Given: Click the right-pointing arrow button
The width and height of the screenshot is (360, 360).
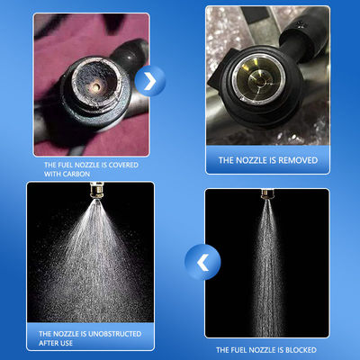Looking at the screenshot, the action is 150,81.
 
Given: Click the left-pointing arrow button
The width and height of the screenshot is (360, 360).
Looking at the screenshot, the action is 202,262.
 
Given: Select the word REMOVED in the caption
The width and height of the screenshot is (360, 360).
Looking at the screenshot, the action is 298,160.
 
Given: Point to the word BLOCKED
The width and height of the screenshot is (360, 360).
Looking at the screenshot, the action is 301,350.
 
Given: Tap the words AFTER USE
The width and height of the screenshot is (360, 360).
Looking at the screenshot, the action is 56,343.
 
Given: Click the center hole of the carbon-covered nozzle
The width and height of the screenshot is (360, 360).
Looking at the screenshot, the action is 96,87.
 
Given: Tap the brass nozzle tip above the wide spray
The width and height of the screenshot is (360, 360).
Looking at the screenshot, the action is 96,191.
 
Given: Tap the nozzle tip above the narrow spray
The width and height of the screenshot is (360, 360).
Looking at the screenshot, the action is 266,193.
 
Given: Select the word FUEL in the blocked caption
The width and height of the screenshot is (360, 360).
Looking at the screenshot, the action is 236,350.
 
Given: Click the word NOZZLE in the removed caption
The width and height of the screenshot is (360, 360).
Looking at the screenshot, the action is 252,160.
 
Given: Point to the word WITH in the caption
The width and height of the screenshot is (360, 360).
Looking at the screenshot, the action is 51,174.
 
